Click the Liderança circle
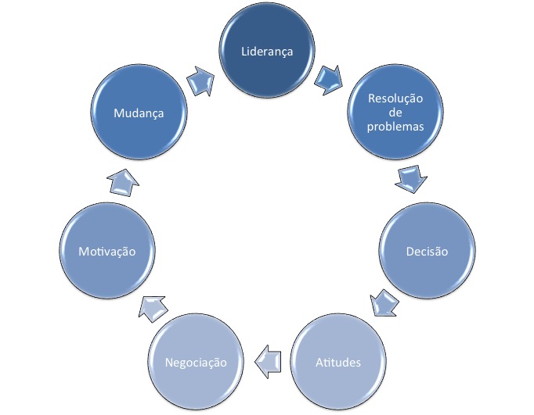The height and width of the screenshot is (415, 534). point(266,52)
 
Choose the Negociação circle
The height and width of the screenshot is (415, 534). point(195,362)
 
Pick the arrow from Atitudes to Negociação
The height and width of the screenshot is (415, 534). point(267,359)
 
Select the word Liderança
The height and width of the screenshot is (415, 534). point(266,52)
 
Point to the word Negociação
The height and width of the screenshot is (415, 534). point(195,362)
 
